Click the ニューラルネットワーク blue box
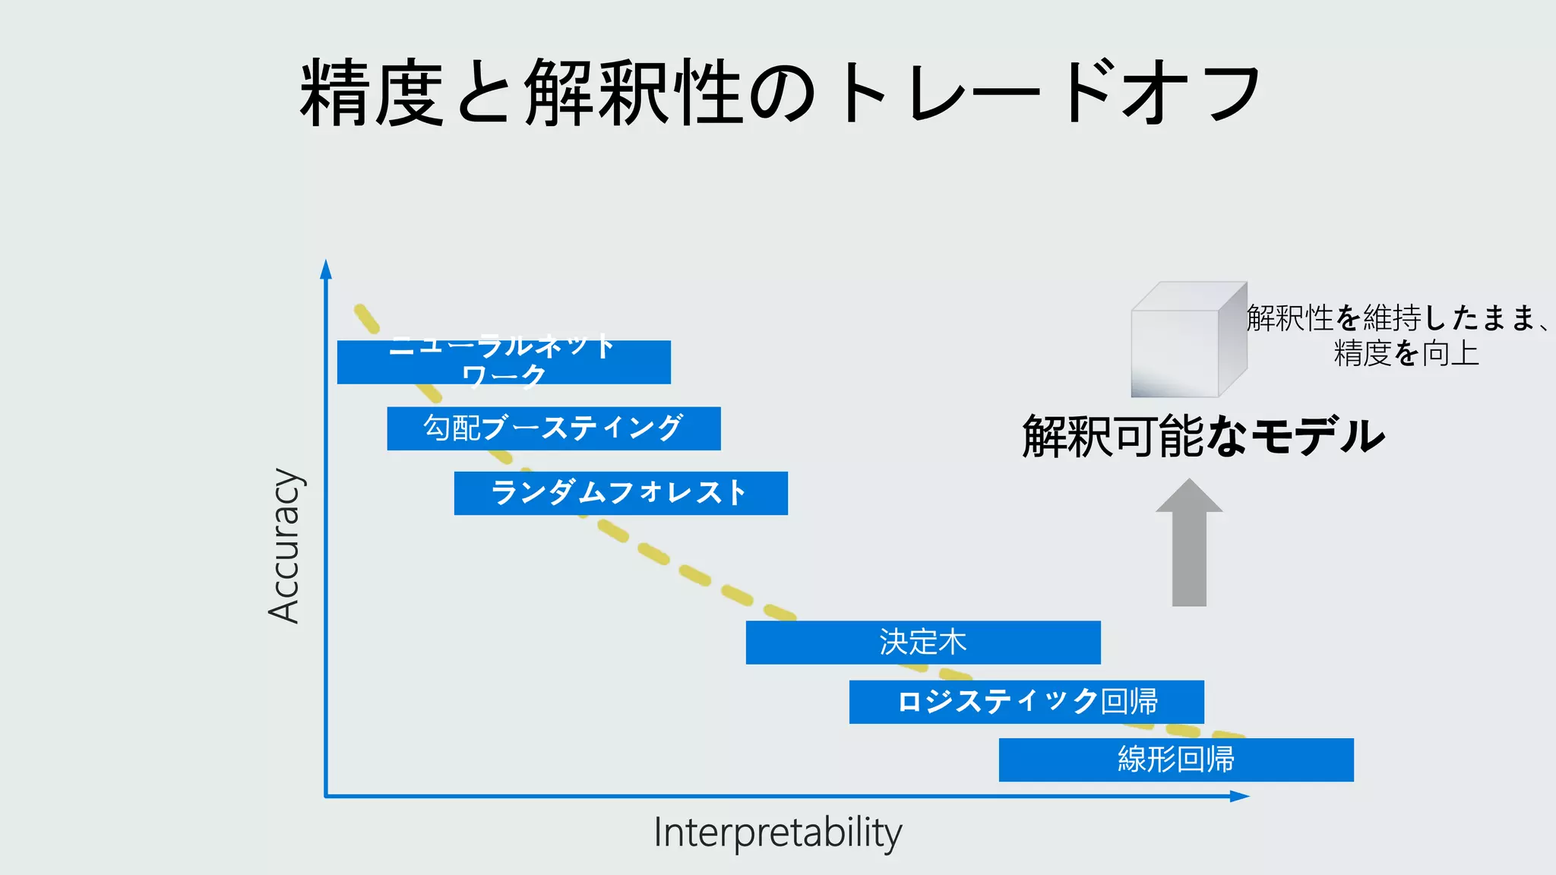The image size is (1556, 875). click(504, 362)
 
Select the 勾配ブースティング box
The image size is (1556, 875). click(554, 428)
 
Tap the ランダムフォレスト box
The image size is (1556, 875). click(621, 493)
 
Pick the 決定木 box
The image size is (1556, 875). click(923, 643)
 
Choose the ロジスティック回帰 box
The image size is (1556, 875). click(1026, 702)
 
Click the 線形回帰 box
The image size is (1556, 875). click(1176, 760)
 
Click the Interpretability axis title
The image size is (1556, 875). click(777, 833)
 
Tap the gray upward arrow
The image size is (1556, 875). click(1189, 543)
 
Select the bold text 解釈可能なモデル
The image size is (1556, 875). click(1203, 436)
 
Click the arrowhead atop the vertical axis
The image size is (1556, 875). click(326, 269)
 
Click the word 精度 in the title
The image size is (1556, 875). click(371, 93)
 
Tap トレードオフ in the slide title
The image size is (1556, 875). click(1048, 93)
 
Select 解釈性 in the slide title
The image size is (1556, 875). click(632, 93)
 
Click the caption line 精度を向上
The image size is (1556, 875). click(1406, 354)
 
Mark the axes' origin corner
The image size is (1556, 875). click(326, 796)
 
